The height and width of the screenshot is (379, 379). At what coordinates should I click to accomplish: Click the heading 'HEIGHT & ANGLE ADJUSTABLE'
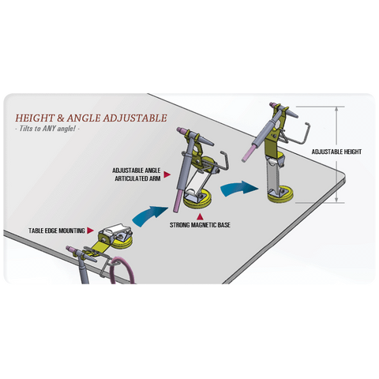pos(91,118)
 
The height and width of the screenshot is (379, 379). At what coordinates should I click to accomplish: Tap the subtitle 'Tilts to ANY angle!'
pos(47,129)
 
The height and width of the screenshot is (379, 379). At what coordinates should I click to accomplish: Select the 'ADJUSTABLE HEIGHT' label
pos(336,152)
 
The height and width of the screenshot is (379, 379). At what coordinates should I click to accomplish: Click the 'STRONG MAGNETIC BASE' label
pos(200,225)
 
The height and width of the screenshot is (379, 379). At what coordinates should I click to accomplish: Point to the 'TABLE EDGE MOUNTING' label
pos(57,231)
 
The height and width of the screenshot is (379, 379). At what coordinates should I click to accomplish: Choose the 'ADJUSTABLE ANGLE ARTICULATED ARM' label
pos(137,174)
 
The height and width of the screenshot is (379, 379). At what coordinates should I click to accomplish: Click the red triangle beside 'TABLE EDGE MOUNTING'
pos(90,231)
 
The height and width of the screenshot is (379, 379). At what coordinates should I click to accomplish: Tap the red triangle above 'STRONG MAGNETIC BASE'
pos(201,216)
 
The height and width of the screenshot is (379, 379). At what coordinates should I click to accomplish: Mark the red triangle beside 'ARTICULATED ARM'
pos(167,174)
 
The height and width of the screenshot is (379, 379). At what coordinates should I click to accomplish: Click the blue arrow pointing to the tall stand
pos(238,189)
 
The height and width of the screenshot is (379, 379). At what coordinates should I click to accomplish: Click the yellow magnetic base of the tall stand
pos(280,195)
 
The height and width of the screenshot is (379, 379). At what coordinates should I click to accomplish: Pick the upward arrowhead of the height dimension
pos(336,110)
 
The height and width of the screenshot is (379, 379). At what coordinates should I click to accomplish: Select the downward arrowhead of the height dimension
pos(336,200)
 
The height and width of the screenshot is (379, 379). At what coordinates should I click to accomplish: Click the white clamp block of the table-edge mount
pos(114,231)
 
